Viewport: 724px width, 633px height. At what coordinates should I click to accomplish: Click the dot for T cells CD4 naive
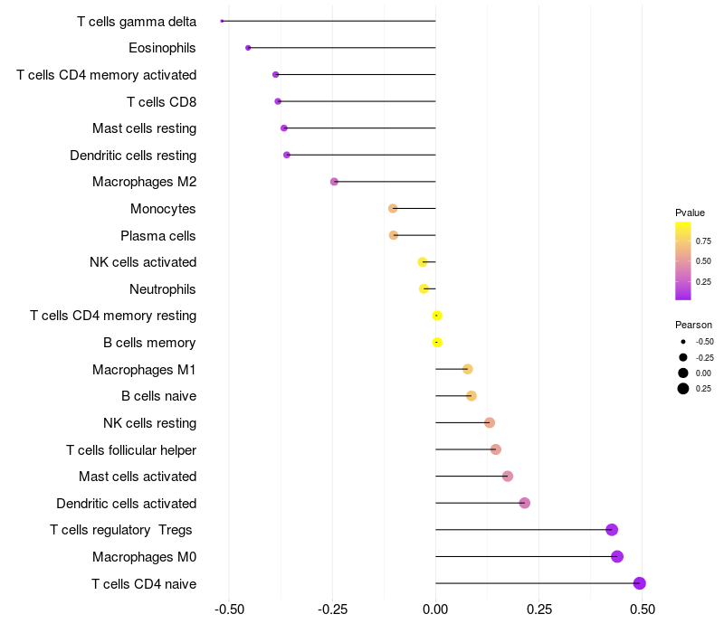coord(639,583)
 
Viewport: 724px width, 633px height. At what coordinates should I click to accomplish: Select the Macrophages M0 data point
coord(617,556)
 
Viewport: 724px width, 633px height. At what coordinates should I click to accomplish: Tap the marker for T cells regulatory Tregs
coord(612,530)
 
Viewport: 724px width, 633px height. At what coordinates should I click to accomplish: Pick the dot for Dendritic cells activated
coord(524,503)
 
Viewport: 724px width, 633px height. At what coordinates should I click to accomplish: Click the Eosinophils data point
coord(248,47)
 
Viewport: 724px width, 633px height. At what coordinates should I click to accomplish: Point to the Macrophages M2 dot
coord(334,182)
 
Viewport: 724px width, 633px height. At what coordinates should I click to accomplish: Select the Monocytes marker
coord(393,209)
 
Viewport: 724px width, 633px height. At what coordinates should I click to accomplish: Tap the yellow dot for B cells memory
coord(437,342)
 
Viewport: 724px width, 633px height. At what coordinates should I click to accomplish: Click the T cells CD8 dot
coord(278,101)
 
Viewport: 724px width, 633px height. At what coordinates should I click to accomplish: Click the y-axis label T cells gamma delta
coord(137,21)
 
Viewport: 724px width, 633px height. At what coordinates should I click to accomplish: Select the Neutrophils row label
coord(163,289)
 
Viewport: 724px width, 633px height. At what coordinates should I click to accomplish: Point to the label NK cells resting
coord(149,423)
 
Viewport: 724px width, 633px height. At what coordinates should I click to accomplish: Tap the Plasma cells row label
coord(158,236)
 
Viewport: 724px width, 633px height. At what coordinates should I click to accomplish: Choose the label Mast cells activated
coord(138,477)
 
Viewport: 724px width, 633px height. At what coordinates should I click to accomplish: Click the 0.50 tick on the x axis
coord(643,609)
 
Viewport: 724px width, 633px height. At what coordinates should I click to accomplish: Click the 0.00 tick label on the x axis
coord(435,609)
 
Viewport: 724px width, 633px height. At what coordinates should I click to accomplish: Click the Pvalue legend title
coord(690,213)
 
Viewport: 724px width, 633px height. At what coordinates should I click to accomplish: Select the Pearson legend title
coord(693,325)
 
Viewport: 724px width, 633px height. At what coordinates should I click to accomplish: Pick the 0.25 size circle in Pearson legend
coord(682,389)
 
